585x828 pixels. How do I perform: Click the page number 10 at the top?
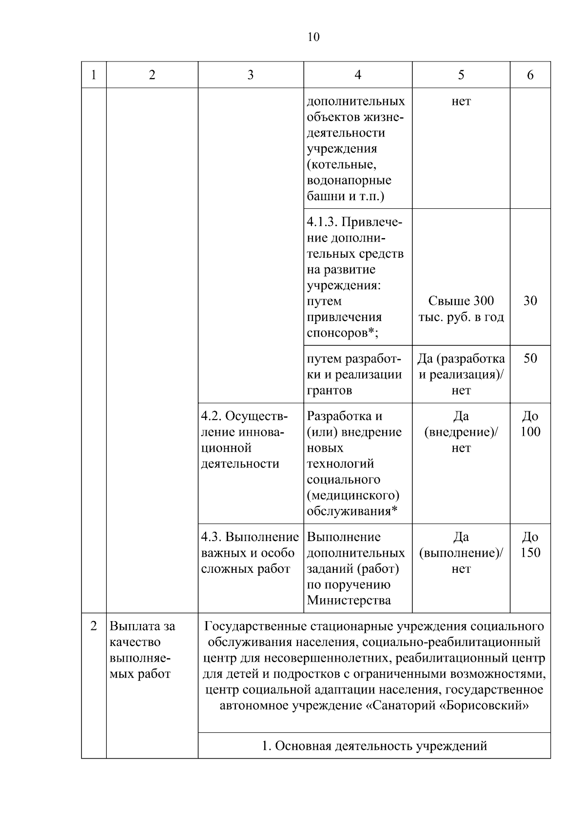coord(313,37)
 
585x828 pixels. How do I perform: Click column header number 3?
coord(250,75)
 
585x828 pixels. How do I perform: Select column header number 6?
coord(530,75)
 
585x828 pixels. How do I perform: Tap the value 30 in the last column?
coord(530,301)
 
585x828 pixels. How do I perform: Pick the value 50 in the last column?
coord(530,359)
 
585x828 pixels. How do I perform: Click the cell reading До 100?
coord(530,424)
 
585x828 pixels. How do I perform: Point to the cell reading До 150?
coord(530,545)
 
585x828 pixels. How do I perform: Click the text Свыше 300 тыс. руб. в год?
coord(461,309)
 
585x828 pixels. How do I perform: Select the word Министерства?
coord(349,601)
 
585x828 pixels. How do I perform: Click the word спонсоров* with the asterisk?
coord(343,333)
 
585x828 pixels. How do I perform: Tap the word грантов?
coord(330,390)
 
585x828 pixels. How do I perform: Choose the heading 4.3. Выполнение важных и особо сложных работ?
coord(250,553)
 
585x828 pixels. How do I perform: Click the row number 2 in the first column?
coord(94,626)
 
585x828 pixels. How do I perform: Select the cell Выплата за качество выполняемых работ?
coord(142,650)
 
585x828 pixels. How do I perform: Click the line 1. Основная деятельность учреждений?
coord(374,746)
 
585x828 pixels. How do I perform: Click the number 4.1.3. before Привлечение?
coord(322,222)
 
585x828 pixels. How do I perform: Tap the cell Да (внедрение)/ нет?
coord(461,432)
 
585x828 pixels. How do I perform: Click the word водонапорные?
coord(349,181)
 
